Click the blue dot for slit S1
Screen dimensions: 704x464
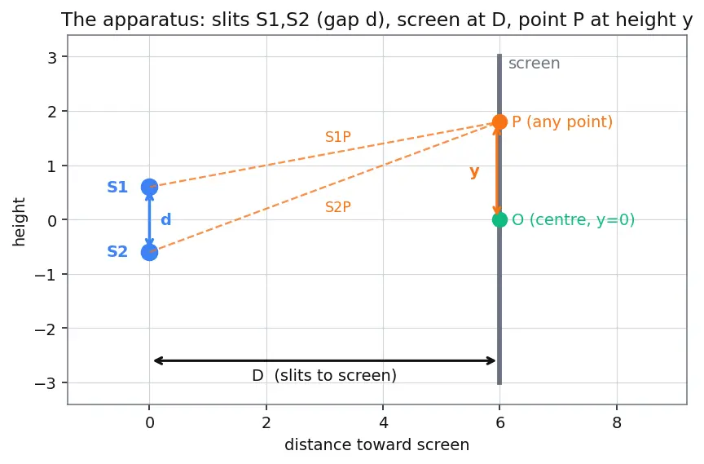pyautogui.click(x=149, y=187)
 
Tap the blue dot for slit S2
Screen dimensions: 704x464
pyautogui.click(x=149, y=252)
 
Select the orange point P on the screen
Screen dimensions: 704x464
pyautogui.click(x=499, y=122)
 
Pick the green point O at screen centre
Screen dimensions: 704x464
pyautogui.click(x=499, y=219)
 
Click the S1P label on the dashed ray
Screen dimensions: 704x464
pyautogui.click(x=338, y=136)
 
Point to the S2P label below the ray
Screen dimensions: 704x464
pyautogui.click(x=338, y=207)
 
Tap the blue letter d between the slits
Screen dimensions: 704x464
pyautogui.click(x=166, y=219)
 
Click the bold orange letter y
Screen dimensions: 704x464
pyautogui.click(x=474, y=171)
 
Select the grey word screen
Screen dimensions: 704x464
pyautogui.click(x=535, y=64)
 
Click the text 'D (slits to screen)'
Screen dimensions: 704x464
pyautogui.click(x=324, y=375)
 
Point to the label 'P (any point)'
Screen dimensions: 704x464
pyautogui.click(x=562, y=122)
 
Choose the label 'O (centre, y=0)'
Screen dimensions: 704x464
pyautogui.click(x=574, y=219)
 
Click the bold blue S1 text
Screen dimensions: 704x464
pyautogui.click(x=117, y=187)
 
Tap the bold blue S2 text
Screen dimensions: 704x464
pyautogui.click(x=117, y=251)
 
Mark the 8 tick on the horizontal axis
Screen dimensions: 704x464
pyautogui.click(x=617, y=422)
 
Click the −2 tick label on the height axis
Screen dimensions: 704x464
pyautogui.click(x=46, y=329)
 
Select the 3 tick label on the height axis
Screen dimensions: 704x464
pyautogui.click(x=52, y=57)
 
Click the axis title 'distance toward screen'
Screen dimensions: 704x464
pyautogui.click(x=377, y=444)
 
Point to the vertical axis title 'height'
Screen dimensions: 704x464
pyautogui.click(x=19, y=222)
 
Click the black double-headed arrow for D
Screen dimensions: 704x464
pyautogui.click(x=324, y=360)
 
